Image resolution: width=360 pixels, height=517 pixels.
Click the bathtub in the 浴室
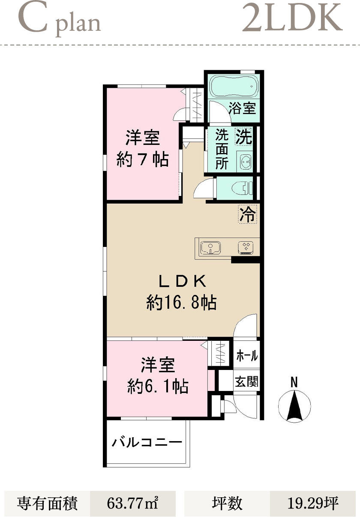coord(234,87)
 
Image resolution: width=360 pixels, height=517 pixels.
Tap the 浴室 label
coord(242,108)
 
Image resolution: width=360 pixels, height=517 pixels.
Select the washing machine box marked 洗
coord(244,136)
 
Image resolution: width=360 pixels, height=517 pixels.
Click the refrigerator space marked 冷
coord(247,214)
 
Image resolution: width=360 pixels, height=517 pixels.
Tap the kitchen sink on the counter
coord(210,248)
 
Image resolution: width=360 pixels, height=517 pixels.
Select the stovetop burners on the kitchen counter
coord(246,248)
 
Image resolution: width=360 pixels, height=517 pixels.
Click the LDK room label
coord(183,281)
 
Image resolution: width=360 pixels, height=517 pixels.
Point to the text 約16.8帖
coord(181,302)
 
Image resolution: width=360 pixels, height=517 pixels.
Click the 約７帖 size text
coord(142,159)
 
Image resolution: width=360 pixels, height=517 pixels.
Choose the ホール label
coord(247,355)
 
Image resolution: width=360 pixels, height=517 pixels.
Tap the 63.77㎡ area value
coord(132,503)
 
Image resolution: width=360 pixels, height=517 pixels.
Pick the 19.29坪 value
coord(313,503)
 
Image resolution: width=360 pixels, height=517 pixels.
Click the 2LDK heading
coord(292,18)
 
